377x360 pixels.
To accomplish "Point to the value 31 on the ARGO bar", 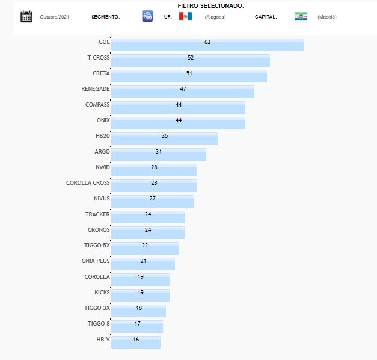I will point(159,151).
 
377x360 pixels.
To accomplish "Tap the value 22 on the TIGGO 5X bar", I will point(145,245).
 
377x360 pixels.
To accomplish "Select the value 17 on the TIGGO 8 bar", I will point(138,323).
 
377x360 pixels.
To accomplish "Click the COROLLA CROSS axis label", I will point(88,182).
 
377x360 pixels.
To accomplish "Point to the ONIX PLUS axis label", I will point(96,261).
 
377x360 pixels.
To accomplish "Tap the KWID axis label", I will point(102,167).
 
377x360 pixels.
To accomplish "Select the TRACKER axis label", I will point(97,214).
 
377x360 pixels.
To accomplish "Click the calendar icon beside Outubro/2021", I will point(26,16).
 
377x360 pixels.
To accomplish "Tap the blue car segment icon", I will point(147,16).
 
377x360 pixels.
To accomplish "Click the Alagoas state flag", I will point(185,16).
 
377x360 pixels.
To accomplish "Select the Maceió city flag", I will point(301,16).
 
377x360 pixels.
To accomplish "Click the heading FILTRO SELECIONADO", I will point(210,5).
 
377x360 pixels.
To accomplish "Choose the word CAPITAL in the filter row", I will point(266,17).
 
